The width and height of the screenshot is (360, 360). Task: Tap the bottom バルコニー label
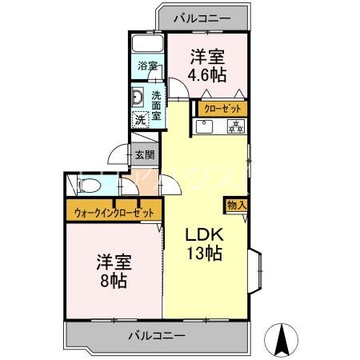(157, 334)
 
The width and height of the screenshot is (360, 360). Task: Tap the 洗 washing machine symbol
(140, 119)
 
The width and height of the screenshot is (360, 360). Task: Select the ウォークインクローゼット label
(114, 213)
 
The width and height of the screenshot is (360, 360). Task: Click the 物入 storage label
(237, 206)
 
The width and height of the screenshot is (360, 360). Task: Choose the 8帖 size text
(113, 281)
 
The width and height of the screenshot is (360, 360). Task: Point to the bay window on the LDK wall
(257, 270)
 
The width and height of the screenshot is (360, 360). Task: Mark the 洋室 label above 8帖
(114, 262)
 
